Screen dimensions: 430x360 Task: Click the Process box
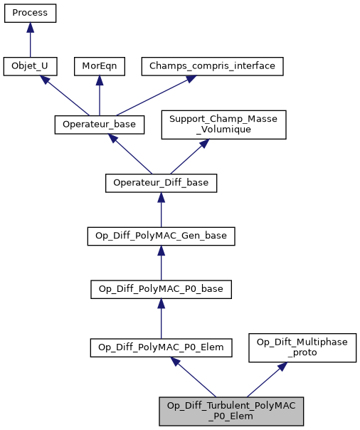[30, 13]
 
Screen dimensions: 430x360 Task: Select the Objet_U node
[30, 66]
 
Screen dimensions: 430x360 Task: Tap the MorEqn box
[98, 66]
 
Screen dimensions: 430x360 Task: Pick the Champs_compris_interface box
[213, 66]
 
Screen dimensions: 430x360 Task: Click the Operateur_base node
[99, 124]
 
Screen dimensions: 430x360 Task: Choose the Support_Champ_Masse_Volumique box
[223, 124]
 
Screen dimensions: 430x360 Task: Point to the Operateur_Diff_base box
[161, 182]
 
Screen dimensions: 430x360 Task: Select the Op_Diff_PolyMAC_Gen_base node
[161, 236]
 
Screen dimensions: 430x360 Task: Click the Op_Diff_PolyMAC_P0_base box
[161, 290]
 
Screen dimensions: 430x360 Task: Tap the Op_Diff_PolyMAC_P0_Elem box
[161, 347]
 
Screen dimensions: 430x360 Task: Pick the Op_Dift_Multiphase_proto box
[302, 347]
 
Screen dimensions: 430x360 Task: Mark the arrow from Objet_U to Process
[30, 39]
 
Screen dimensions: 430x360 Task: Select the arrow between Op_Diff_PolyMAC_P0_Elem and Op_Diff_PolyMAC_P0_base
[161, 318]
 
